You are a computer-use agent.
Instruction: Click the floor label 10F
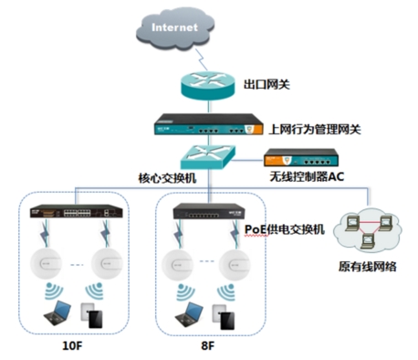point(72,348)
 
